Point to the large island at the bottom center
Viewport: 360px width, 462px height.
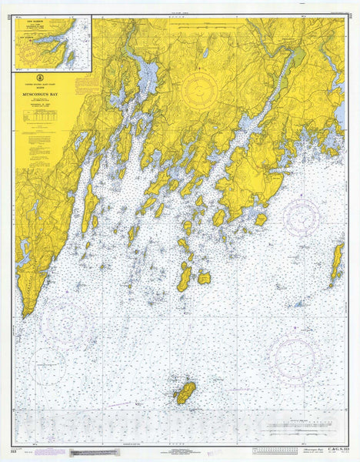(185, 393)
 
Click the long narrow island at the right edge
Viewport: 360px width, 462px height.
(337, 262)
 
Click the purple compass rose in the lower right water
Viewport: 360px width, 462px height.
(295, 355)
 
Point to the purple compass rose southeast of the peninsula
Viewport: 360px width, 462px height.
(301, 216)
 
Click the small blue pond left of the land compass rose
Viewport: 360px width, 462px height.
(206, 53)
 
